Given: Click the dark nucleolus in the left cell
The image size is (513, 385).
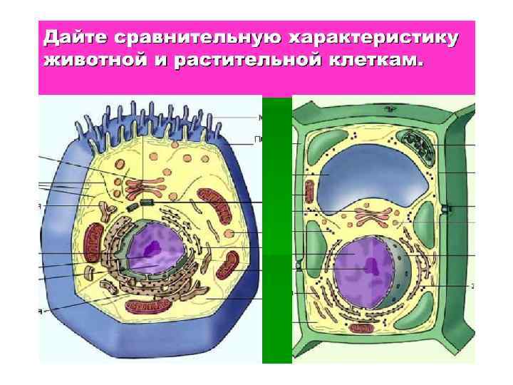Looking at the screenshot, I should coord(152,247).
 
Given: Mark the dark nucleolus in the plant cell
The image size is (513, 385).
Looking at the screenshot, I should coord(371,265).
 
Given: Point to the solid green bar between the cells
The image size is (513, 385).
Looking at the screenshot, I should coord(277,228).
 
